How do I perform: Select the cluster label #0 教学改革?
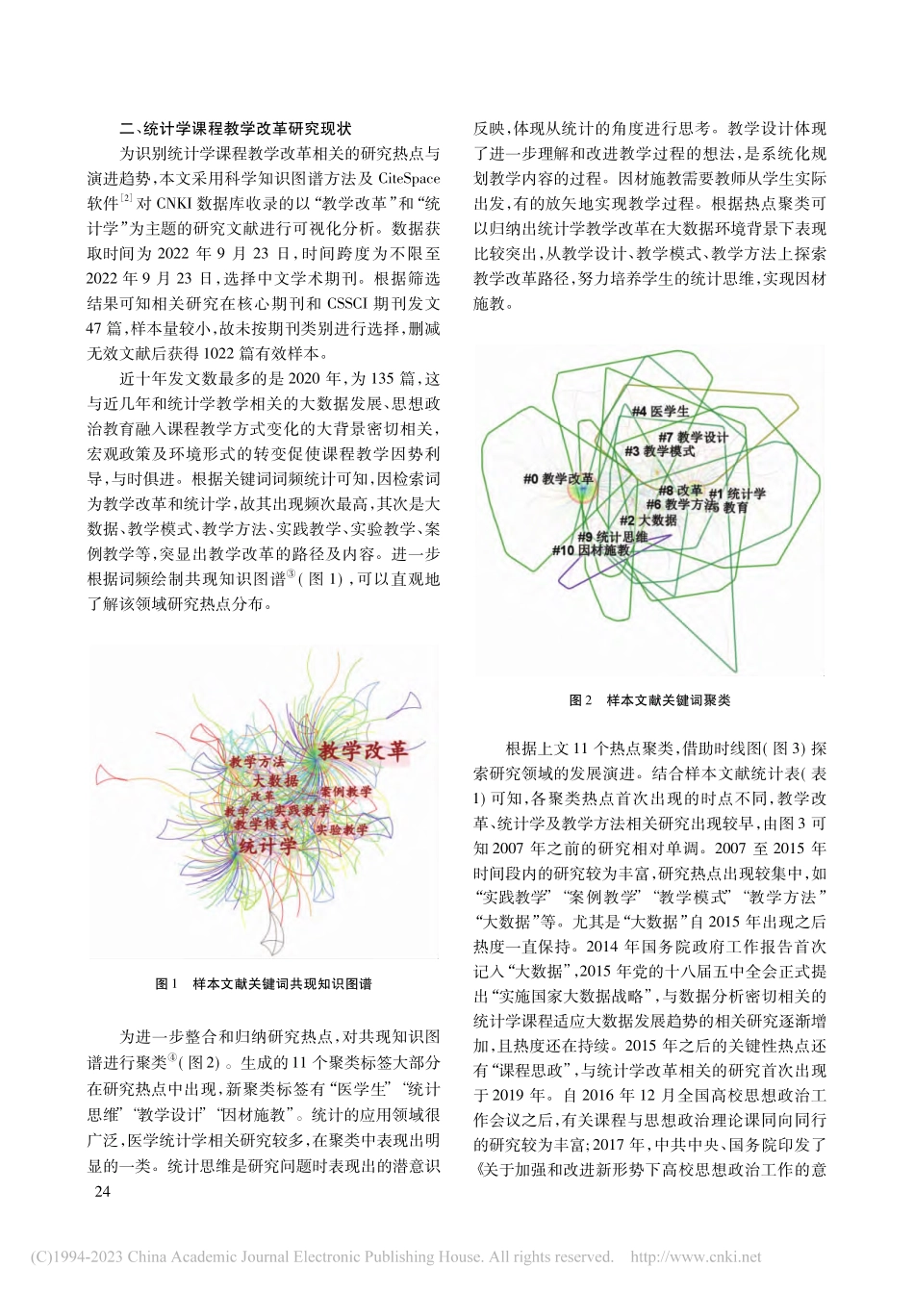558,477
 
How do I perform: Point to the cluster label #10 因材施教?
590,550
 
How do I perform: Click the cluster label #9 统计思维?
612,537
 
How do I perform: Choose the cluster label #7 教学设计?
693,437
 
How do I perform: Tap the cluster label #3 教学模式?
660,450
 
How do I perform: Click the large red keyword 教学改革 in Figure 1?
364,750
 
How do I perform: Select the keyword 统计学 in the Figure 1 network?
267,847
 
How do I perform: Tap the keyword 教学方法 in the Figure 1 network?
256,762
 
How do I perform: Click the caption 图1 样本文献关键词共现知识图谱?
264,984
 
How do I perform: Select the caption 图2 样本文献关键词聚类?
649,699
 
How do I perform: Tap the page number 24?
101,1192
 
